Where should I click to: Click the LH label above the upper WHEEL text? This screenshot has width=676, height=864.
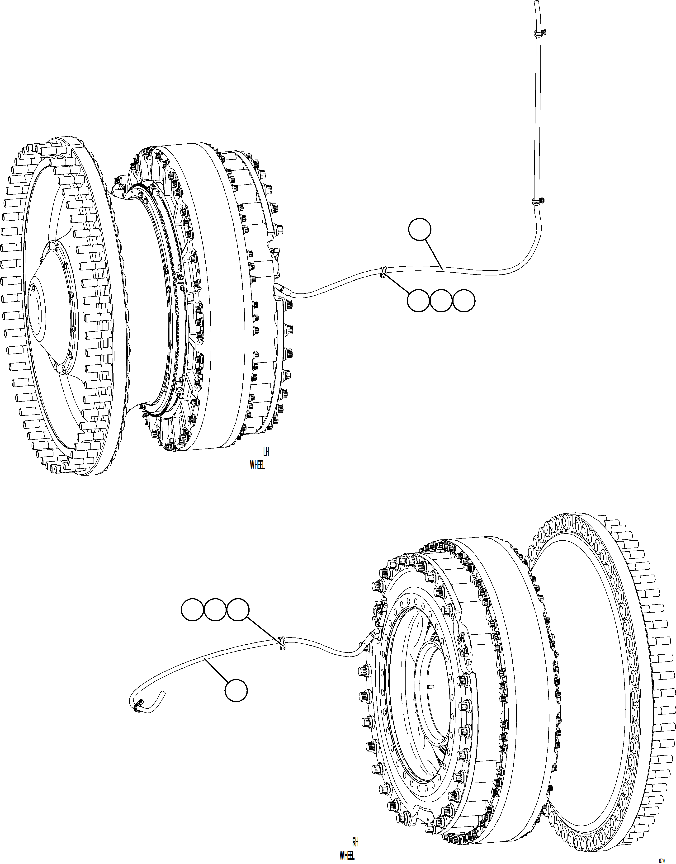tap(266, 452)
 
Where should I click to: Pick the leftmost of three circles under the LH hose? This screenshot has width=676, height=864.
tap(418, 300)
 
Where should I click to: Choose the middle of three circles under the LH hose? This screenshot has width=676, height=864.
tap(441, 300)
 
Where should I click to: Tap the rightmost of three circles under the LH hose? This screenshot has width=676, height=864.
tap(464, 300)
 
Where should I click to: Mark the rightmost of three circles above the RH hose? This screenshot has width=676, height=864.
tap(238, 610)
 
